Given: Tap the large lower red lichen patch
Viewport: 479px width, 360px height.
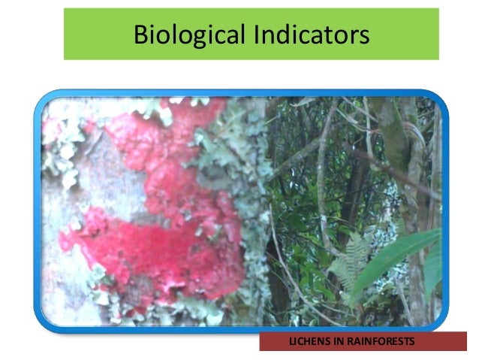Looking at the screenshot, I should point(150,248).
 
